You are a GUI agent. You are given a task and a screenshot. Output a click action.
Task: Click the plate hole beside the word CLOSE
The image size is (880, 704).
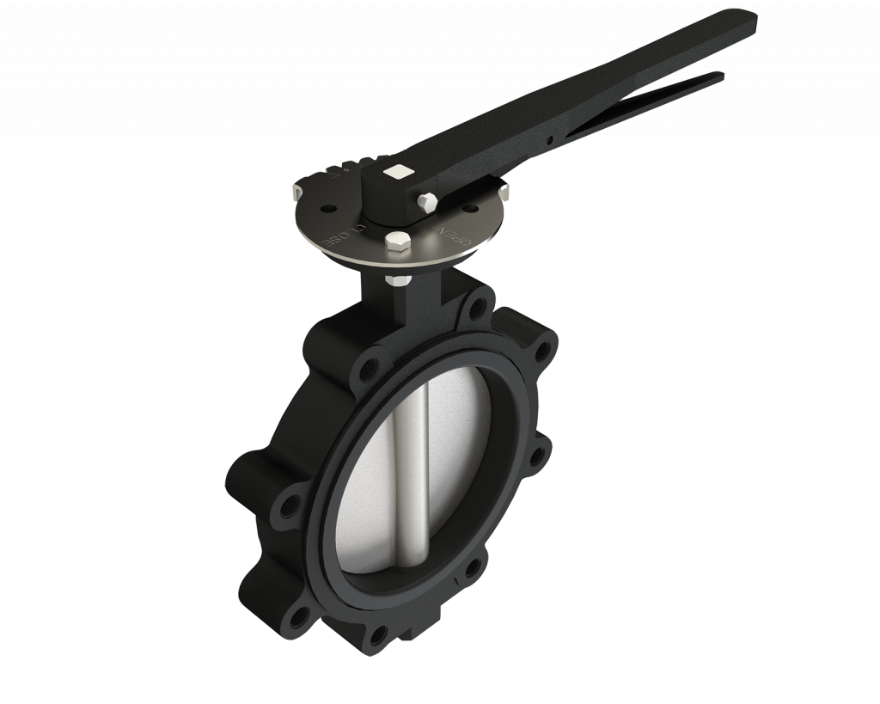click(x=329, y=209)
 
